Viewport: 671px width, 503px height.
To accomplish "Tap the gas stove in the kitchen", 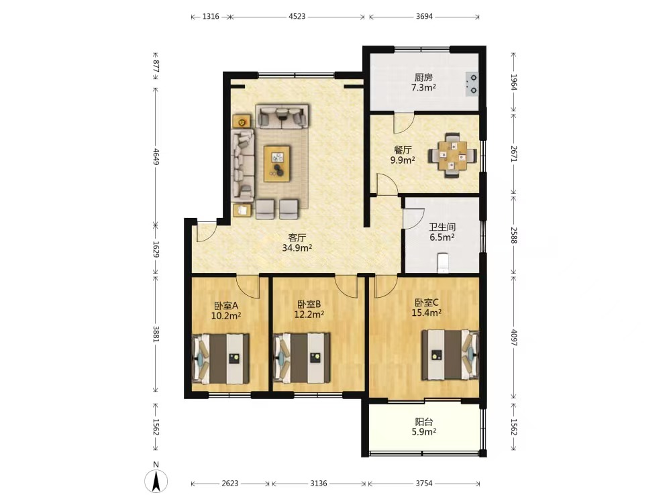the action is [x=472, y=84].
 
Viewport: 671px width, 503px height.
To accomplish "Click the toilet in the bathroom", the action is [x=442, y=263].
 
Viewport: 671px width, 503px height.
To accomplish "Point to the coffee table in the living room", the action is [x=277, y=162].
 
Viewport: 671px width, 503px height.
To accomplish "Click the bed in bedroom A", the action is [x=221, y=358].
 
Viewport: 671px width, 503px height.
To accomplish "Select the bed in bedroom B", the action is [x=302, y=358].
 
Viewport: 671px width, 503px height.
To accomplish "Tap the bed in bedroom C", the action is [x=450, y=355].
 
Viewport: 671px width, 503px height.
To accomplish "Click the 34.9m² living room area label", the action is [x=297, y=247].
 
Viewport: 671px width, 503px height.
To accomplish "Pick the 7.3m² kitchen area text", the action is [x=423, y=88].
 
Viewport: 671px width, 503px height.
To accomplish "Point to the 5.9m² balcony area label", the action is [x=423, y=432].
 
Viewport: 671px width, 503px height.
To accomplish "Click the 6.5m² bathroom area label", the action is [x=442, y=237].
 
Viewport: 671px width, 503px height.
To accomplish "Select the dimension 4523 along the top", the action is [x=297, y=17].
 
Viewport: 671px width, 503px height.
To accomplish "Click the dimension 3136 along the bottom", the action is [x=318, y=484].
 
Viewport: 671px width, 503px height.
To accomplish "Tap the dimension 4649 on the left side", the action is [x=156, y=156].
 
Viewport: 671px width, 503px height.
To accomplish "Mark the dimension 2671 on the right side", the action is [x=514, y=154].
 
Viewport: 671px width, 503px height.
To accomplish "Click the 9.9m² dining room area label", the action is [x=402, y=160].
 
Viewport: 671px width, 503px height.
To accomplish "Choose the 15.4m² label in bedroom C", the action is [x=427, y=313].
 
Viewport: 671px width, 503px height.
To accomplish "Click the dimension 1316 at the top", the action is [x=211, y=17].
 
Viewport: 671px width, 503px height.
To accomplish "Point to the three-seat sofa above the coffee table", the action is [x=282, y=116].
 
